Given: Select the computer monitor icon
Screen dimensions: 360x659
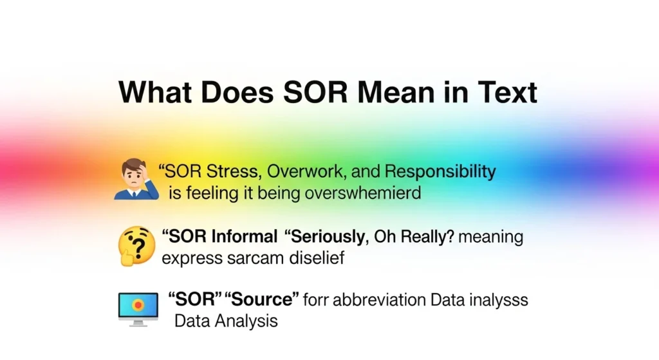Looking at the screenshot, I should (138, 308).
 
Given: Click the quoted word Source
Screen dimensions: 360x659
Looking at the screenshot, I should (262, 299).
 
